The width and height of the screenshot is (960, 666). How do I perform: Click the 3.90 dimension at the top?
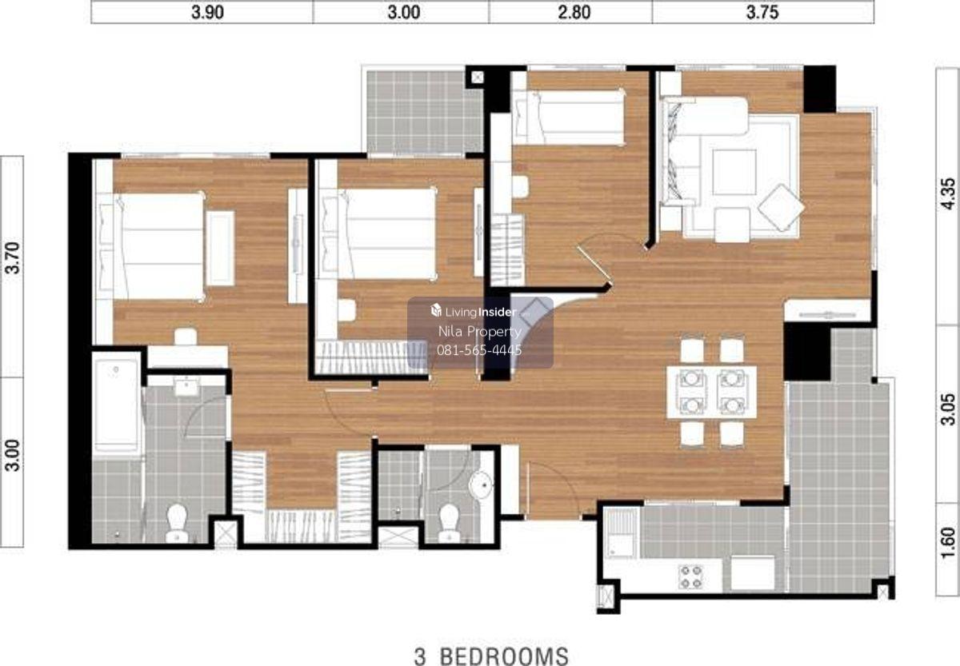coord(207,12)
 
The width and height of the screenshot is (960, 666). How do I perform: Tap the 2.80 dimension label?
coord(574,12)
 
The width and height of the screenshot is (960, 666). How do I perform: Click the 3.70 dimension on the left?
coord(12,257)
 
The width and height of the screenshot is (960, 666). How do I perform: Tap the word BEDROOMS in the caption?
coord(505,656)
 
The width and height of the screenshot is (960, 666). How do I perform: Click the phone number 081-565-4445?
coord(479,350)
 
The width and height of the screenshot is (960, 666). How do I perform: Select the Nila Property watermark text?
coord(479,331)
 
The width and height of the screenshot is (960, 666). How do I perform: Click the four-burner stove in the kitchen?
coord(691,577)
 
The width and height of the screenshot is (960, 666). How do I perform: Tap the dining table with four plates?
coord(711,392)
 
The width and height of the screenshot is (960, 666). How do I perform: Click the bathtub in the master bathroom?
coord(117,405)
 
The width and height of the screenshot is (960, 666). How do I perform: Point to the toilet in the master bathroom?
coord(177,523)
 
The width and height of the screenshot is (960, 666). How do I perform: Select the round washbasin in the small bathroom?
coord(481,485)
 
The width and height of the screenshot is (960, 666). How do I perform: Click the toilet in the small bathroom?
coord(450,523)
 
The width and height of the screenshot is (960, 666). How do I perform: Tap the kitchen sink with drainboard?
coord(621,533)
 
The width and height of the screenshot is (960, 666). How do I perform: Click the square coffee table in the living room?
coord(734,172)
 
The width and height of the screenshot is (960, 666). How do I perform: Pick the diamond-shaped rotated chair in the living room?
coord(781,208)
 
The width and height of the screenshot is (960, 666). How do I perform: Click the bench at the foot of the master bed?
coord(220,248)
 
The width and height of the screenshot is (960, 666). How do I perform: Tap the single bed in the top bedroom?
coord(569,118)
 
